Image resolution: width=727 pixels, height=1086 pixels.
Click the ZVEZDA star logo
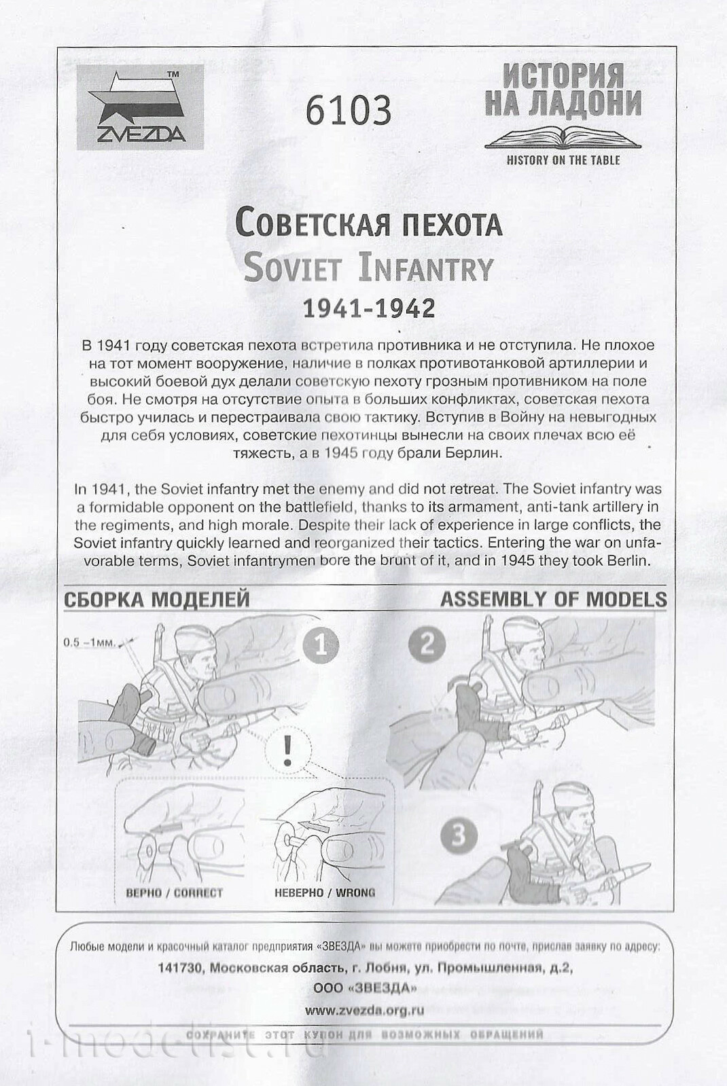pyautogui.click(x=140, y=107)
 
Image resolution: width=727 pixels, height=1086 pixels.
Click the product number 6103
pyautogui.click(x=348, y=110)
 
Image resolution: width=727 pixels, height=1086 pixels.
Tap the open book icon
pyautogui.click(x=563, y=137)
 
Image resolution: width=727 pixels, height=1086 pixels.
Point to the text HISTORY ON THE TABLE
pyautogui.click(x=563, y=160)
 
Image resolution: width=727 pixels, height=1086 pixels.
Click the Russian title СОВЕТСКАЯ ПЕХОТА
pyautogui.click(x=368, y=222)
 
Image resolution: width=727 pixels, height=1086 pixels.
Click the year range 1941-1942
pyautogui.click(x=368, y=308)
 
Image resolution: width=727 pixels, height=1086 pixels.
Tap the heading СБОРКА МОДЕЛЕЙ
pyautogui.click(x=157, y=600)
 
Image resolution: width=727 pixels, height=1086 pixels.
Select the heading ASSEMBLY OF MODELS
pyautogui.click(x=553, y=599)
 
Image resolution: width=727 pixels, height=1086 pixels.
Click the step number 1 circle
pyautogui.click(x=321, y=645)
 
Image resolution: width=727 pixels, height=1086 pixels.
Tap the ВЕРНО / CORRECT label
pyautogui.click(x=174, y=892)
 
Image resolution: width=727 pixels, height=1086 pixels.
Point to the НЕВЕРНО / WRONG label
pyautogui.click(x=325, y=892)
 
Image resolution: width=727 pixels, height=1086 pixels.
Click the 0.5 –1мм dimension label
pyautogui.click(x=90, y=642)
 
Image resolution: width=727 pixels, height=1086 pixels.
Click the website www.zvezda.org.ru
pyautogui.click(x=364, y=1010)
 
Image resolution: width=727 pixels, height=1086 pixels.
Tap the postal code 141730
pyautogui.click(x=179, y=968)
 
